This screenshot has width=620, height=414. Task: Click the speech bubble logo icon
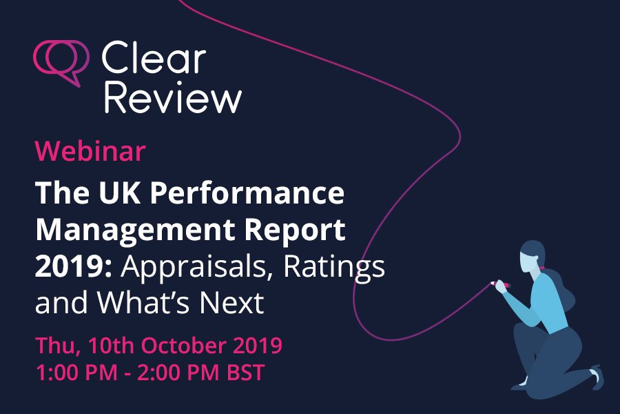click(61, 61)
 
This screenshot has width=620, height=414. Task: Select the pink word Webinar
click(90, 151)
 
